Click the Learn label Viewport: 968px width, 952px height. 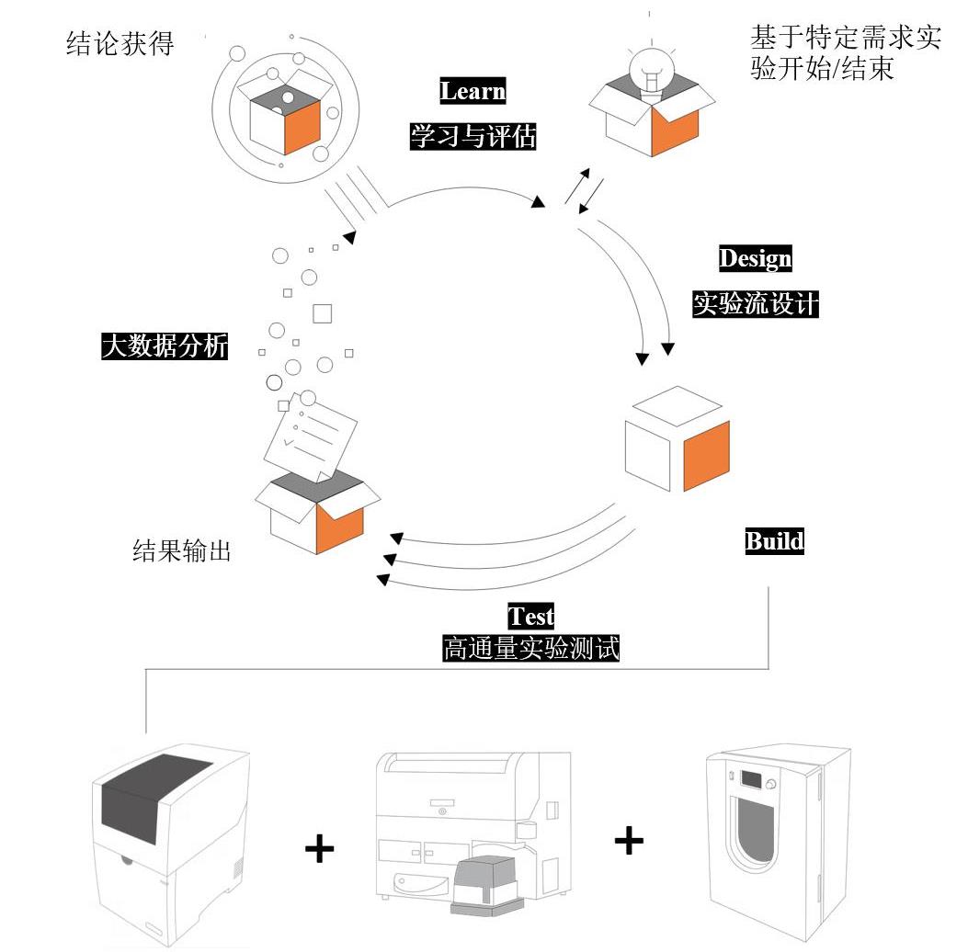click(473, 91)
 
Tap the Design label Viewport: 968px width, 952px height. click(755, 258)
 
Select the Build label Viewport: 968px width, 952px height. click(774, 541)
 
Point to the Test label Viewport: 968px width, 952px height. click(531, 616)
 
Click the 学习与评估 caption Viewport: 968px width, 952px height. click(473, 136)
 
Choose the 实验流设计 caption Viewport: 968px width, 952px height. click(755, 303)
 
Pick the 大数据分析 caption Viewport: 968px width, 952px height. click(165, 346)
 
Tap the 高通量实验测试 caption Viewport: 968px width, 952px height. click(531, 649)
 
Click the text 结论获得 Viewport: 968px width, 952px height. click(120, 44)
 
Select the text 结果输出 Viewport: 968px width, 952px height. click(181, 550)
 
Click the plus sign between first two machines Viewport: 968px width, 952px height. click(319, 849)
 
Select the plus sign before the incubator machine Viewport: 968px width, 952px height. click(629, 840)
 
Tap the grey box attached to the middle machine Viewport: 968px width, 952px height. click(489, 886)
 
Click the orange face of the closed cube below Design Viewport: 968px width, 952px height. click(707, 456)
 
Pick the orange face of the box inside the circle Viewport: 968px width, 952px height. click(302, 128)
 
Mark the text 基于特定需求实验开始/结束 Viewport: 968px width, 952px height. click(846, 52)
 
